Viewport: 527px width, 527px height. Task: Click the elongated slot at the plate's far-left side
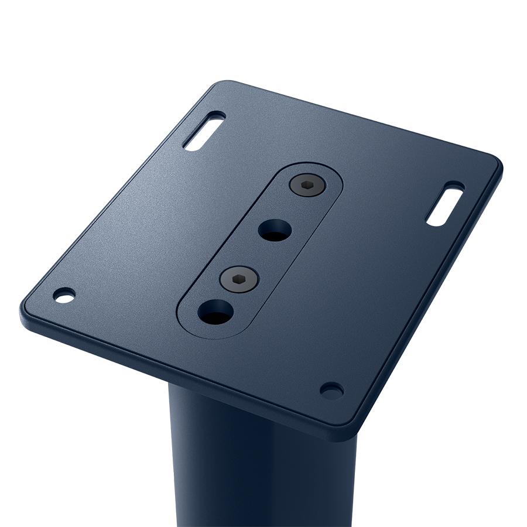[x=204, y=131]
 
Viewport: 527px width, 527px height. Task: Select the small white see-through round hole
[x=64, y=295]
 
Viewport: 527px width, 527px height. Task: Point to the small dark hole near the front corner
[x=331, y=390]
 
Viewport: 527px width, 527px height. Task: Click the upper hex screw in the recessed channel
[x=307, y=186]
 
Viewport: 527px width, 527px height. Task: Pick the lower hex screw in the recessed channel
[x=239, y=279]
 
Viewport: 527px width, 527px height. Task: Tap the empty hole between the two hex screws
[x=274, y=230]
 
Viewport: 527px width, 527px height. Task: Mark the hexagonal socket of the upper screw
[x=307, y=186]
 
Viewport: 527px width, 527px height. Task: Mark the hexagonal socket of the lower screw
[x=239, y=279]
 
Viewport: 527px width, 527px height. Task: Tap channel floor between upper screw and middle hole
[x=291, y=208]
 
